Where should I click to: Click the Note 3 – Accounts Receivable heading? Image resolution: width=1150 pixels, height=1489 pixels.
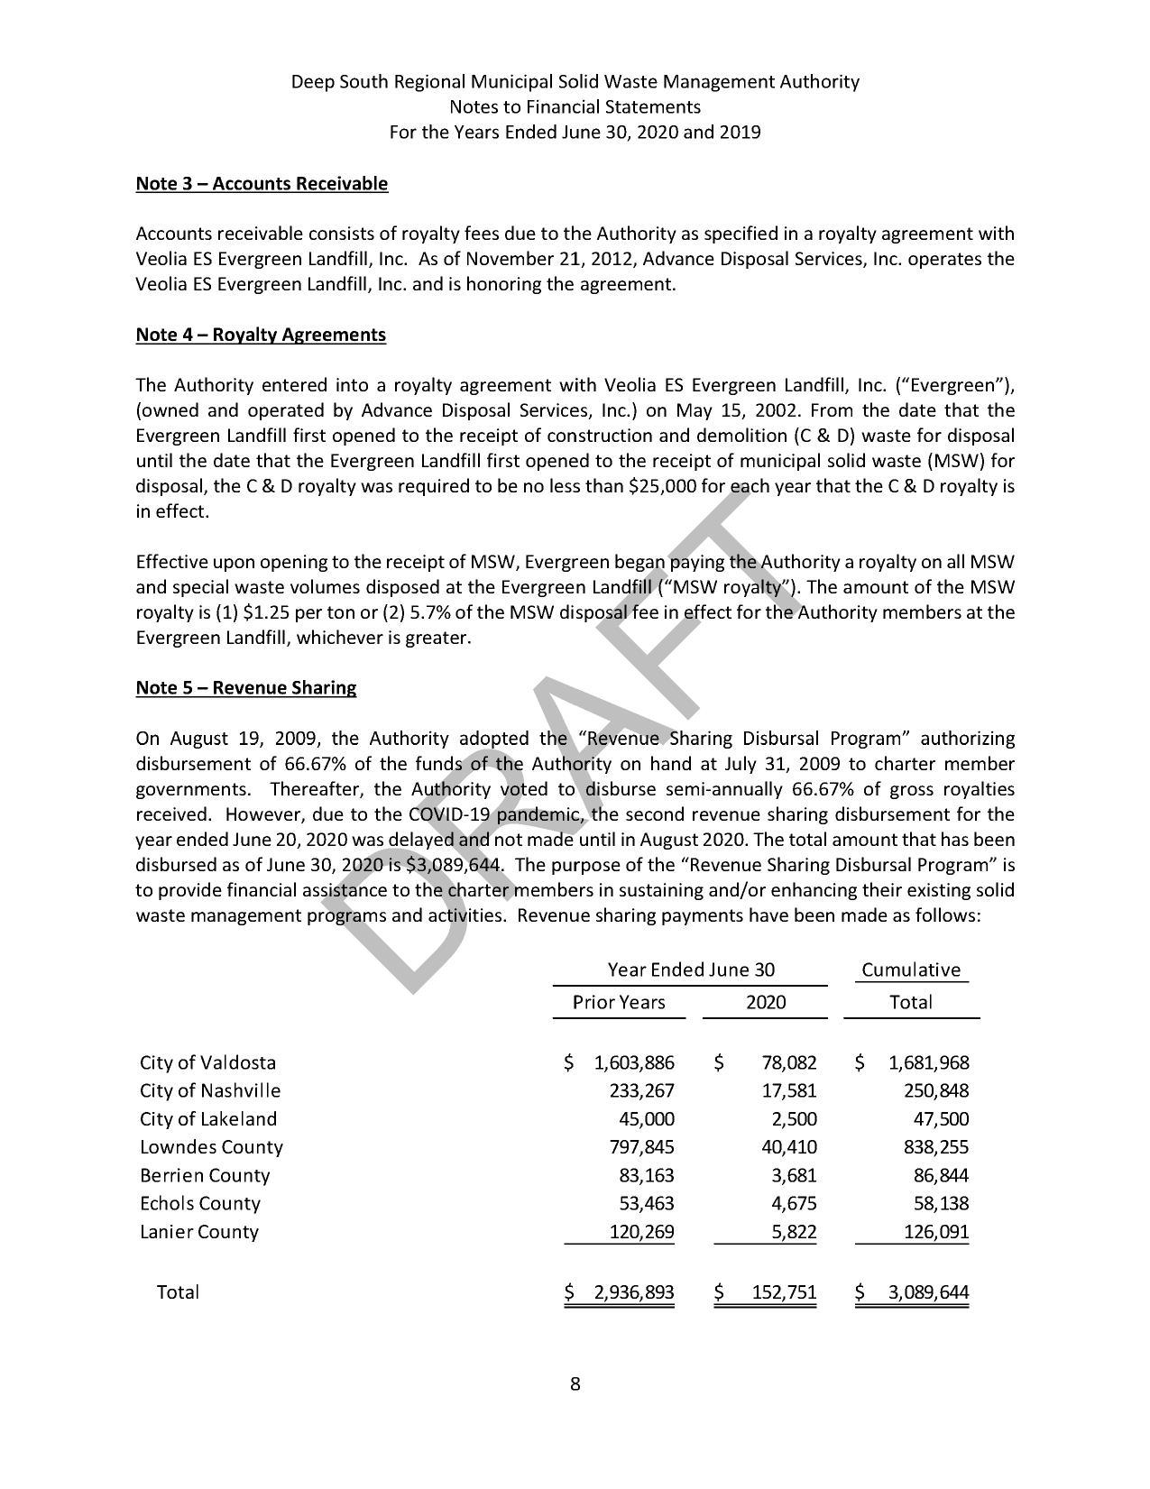262,184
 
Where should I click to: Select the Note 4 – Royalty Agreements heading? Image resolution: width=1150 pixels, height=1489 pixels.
261,335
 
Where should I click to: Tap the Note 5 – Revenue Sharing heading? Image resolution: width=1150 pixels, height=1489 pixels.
245,688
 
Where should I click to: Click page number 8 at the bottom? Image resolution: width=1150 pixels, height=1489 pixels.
575,1384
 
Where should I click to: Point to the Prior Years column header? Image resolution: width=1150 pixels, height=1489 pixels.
619,1003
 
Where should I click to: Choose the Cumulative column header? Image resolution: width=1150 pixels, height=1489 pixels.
910,970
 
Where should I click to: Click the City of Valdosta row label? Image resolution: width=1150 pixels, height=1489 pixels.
207,1063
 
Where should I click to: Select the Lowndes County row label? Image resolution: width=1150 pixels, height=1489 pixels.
211,1148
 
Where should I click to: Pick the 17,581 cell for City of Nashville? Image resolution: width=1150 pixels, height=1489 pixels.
789,1091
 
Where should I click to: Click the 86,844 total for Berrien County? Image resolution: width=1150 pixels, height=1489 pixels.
941,1176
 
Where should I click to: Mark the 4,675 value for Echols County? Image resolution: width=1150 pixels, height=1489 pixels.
795,1204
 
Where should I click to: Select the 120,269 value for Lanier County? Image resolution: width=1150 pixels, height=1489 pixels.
641,1232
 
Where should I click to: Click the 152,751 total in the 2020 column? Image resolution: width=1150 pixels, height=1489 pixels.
784,1292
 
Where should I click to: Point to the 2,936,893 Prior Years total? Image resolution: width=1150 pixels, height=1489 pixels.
633,1292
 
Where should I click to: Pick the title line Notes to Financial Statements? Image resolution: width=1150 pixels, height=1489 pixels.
575,107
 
